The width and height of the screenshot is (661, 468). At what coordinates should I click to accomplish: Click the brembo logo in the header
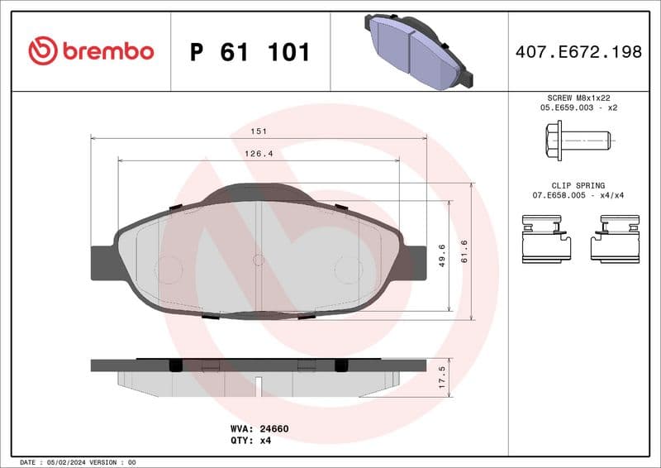pos(91,51)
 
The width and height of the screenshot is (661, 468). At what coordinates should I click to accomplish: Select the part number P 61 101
pos(250,52)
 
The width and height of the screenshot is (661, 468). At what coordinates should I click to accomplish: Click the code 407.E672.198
pos(578,52)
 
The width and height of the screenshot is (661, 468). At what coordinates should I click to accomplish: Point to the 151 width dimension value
pos(259,131)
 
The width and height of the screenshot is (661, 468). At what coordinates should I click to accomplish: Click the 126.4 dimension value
pos(259,153)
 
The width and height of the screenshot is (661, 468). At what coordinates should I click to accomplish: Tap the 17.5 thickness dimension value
pos(442,377)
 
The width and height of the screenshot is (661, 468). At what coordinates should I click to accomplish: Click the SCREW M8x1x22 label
pos(578,98)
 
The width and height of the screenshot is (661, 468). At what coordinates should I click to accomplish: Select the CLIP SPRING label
pos(578,186)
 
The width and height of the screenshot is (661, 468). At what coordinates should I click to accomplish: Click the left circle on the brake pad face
pos(169,269)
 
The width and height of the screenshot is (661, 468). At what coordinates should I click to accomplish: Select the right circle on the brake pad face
pos(347,269)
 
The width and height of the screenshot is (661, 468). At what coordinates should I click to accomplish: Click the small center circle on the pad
pos(258,260)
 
